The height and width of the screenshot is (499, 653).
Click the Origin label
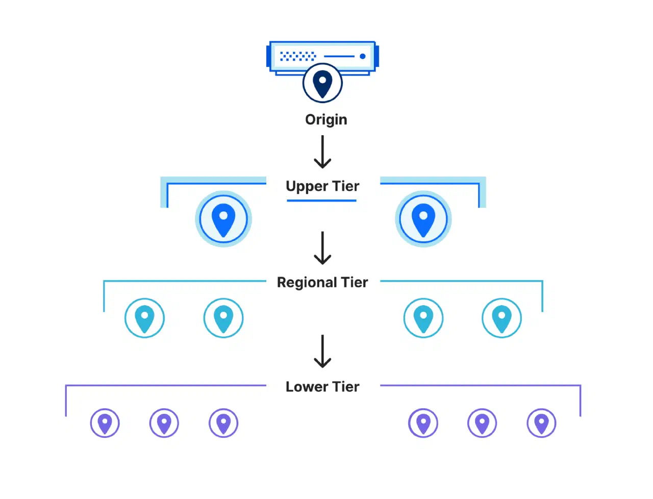326,120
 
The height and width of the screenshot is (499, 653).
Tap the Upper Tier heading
322,186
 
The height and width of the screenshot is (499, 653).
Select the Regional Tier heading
322,282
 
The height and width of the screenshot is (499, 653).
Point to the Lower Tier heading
322,387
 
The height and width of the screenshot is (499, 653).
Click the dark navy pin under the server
322,83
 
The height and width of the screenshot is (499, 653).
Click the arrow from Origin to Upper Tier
322,152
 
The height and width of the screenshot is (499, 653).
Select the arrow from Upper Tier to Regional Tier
322,248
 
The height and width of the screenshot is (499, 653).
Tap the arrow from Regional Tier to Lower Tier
322,351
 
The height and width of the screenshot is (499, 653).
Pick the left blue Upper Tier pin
223,219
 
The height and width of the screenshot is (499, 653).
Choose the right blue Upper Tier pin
423,219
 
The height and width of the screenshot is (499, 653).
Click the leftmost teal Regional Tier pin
144,318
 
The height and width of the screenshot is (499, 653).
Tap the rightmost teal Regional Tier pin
501,318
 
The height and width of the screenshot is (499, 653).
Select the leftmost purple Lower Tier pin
105,423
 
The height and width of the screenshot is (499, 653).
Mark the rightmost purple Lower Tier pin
541,423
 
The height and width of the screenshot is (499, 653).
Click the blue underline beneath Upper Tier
321,201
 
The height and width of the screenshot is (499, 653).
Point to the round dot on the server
362,56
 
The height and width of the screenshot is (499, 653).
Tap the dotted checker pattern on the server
298,56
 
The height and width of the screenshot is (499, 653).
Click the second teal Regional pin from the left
223,318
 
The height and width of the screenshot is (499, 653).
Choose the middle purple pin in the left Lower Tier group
164,423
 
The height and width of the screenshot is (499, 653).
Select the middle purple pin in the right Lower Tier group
482,423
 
